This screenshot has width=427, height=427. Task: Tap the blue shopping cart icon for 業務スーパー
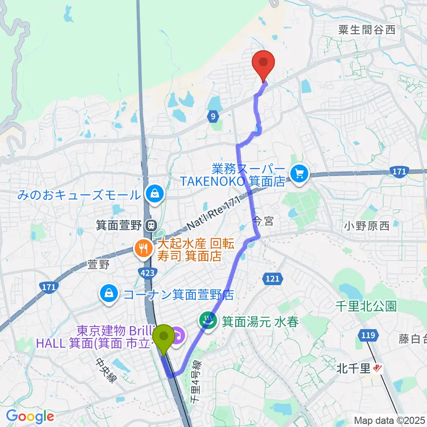(x=300, y=173)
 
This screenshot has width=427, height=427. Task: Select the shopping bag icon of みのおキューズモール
(x=154, y=193)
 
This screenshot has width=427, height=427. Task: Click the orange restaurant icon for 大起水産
(x=143, y=249)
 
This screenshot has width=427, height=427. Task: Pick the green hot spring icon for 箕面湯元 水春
(x=208, y=319)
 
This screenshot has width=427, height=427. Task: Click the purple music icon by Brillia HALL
(x=178, y=333)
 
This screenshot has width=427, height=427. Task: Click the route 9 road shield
(x=213, y=117)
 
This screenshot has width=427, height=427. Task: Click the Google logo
(x=30, y=416)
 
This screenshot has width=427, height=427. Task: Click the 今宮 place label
(x=264, y=221)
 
